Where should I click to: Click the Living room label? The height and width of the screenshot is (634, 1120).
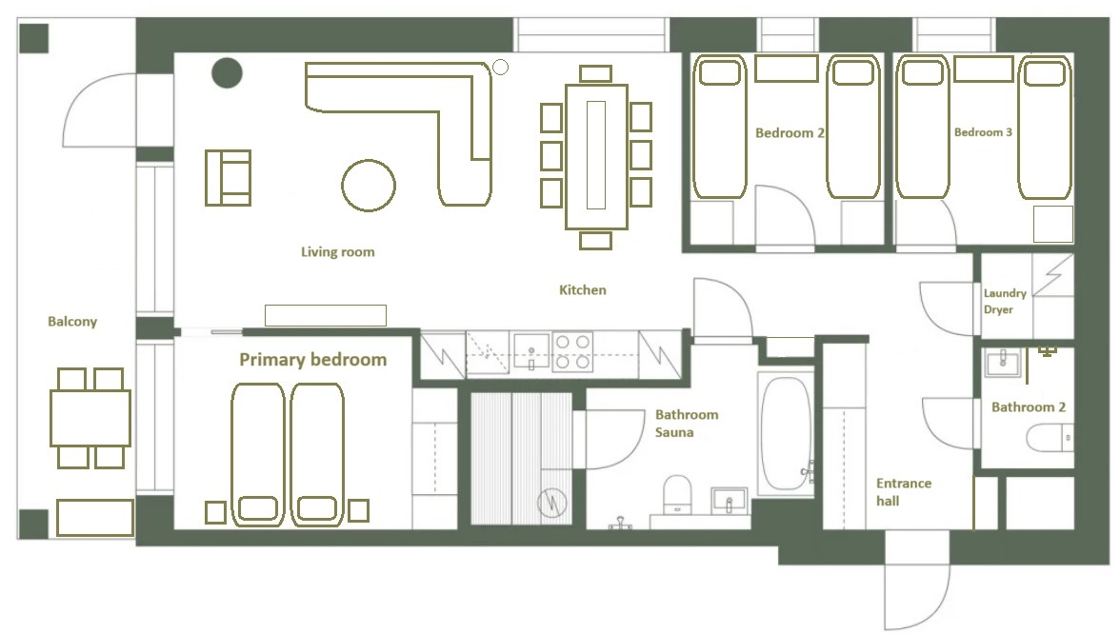coord(337,252)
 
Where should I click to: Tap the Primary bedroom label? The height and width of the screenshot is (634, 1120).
coord(312,360)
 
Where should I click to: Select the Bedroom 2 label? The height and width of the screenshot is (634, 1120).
coord(790,133)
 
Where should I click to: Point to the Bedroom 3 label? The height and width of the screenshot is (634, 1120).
coord(983,132)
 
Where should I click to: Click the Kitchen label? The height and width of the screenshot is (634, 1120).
coord(582,289)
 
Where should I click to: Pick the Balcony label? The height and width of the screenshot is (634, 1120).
coord(72,322)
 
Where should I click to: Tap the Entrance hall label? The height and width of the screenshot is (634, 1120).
coord(904,492)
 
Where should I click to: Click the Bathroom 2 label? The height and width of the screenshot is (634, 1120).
coord(1028,407)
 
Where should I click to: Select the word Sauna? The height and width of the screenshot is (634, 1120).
coord(674,432)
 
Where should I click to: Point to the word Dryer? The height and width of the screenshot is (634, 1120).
coord(998,310)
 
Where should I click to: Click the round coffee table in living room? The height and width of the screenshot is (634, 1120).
coord(369,186)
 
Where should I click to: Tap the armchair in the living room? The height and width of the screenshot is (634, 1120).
coord(228,178)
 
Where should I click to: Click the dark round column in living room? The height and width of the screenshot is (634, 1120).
coord(227,72)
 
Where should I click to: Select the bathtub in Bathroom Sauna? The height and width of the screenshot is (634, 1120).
coord(786,433)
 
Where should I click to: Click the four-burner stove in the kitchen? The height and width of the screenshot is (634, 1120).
coord(573,352)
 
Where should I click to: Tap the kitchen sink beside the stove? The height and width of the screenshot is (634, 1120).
coord(531,351)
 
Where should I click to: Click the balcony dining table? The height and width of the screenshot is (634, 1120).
coord(90,419)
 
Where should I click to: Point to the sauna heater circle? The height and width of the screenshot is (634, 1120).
coord(551,503)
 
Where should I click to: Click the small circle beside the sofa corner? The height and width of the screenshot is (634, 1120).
coord(501,67)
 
